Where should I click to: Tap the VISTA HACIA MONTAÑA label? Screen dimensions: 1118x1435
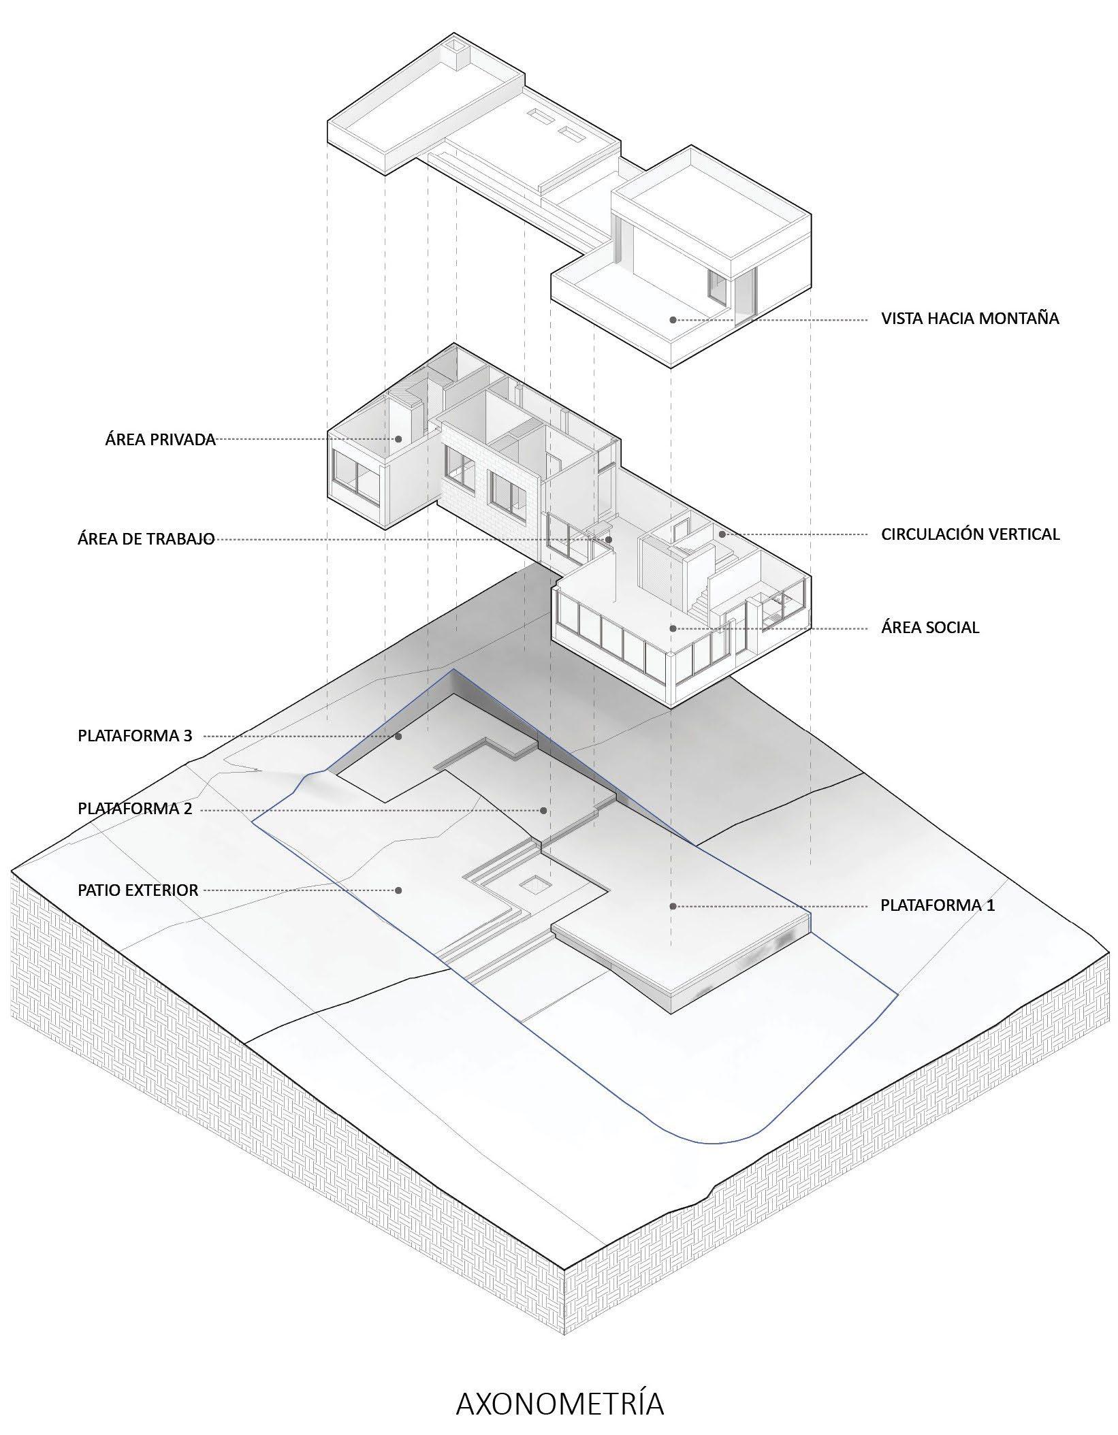tap(970, 318)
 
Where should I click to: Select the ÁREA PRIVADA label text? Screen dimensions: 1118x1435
tap(161, 439)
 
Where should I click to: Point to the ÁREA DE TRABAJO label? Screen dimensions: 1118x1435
tap(146, 539)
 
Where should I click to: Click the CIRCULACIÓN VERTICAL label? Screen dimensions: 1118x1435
tap(970, 534)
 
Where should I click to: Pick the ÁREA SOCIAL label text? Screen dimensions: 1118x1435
tap(930, 628)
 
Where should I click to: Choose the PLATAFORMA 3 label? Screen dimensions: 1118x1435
tap(135, 736)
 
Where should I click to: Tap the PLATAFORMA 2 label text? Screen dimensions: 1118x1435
tap(135, 809)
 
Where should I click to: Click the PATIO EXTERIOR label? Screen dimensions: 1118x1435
tap(138, 890)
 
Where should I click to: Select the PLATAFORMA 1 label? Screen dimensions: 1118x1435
tap(938, 905)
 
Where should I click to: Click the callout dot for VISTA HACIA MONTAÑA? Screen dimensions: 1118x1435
tap(673, 319)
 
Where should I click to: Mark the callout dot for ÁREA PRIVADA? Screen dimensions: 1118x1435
tap(399, 439)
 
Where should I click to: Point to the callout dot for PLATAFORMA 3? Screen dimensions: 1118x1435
tap(399, 736)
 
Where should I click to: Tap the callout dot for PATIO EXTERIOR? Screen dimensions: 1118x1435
tap(399, 890)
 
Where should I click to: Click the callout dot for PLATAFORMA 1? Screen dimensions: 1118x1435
tap(673, 906)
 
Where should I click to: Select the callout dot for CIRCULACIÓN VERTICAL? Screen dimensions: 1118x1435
tap(722, 534)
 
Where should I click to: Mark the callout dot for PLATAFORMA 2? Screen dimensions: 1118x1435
tap(543, 810)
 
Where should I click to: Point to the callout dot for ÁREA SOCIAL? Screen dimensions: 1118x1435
tap(673, 628)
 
